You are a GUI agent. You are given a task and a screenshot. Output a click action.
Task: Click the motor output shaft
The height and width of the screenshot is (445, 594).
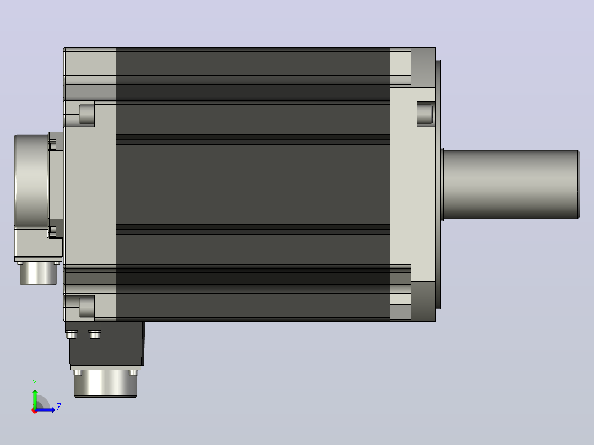point(511,184)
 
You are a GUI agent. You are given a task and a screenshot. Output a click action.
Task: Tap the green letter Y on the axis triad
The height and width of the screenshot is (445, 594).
point(35,383)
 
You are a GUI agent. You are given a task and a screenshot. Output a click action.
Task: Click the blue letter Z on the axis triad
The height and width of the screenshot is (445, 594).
point(59,407)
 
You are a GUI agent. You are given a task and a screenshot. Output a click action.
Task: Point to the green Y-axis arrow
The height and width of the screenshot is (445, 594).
point(35,399)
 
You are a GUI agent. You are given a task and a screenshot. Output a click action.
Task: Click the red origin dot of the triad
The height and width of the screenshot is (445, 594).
point(35,410)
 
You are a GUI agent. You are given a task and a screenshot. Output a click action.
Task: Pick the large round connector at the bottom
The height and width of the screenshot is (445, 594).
point(105,383)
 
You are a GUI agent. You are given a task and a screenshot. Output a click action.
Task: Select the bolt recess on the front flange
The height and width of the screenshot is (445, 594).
point(425,113)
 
